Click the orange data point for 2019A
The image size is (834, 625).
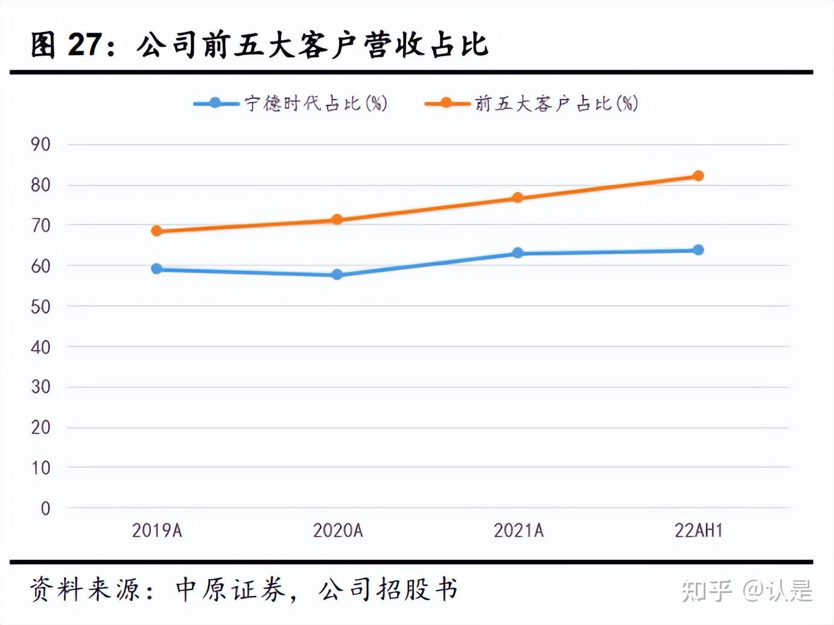coord(157,230)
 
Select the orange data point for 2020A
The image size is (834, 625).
coord(337,220)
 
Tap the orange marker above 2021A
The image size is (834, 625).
coord(518,198)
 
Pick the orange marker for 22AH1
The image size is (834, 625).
coord(698,176)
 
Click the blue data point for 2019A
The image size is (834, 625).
coord(157,268)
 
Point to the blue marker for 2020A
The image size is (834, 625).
coord(337,274)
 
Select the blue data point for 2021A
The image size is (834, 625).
coord(518,253)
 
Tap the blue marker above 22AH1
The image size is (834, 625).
coord(698,250)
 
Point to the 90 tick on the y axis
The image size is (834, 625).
coord(40,144)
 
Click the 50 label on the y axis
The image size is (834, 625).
coord(40,306)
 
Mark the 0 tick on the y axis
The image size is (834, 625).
coord(45,509)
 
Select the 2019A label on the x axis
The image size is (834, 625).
coord(157,530)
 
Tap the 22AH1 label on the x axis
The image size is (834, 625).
coord(698,530)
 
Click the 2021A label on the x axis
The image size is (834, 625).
coord(518,530)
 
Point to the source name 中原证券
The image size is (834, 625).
coord(230,589)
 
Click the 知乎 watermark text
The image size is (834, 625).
coord(707,590)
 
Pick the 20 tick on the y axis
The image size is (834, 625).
coord(40,428)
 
